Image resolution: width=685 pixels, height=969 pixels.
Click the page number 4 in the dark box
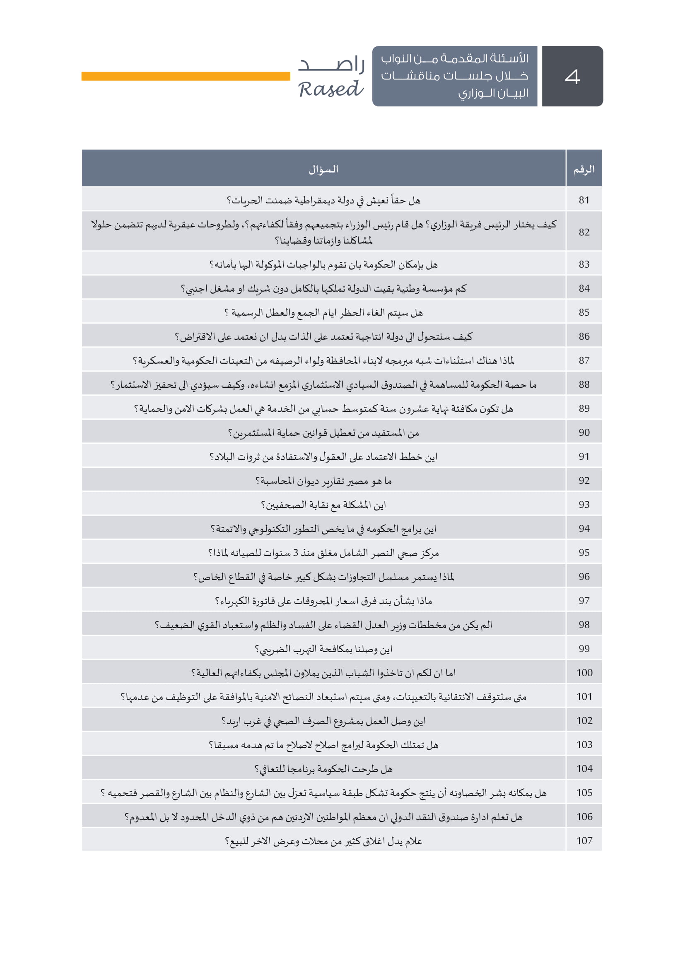click(572, 77)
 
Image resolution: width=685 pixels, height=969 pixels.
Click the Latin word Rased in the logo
click(330, 89)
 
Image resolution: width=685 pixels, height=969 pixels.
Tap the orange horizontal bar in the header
click(186, 76)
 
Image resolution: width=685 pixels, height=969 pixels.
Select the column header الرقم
click(584, 169)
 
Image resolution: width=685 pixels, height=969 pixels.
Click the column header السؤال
click(323, 169)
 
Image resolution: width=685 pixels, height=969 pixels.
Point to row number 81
click(584, 200)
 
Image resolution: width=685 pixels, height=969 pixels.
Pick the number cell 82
click(584, 232)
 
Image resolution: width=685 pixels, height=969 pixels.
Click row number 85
click(584, 312)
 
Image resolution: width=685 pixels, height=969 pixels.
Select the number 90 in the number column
click(584, 433)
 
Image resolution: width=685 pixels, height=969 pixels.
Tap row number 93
click(584, 505)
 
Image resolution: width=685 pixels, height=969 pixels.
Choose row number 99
click(584, 649)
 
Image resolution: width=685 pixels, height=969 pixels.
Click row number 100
click(584, 673)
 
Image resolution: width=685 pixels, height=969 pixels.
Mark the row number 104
click(584, 769)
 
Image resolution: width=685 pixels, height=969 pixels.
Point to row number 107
click(584, 841)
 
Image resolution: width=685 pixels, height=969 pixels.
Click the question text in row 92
click(323, 481)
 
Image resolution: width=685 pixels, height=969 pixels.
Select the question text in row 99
click(323, 649)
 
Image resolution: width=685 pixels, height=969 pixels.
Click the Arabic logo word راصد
click(332, 64)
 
